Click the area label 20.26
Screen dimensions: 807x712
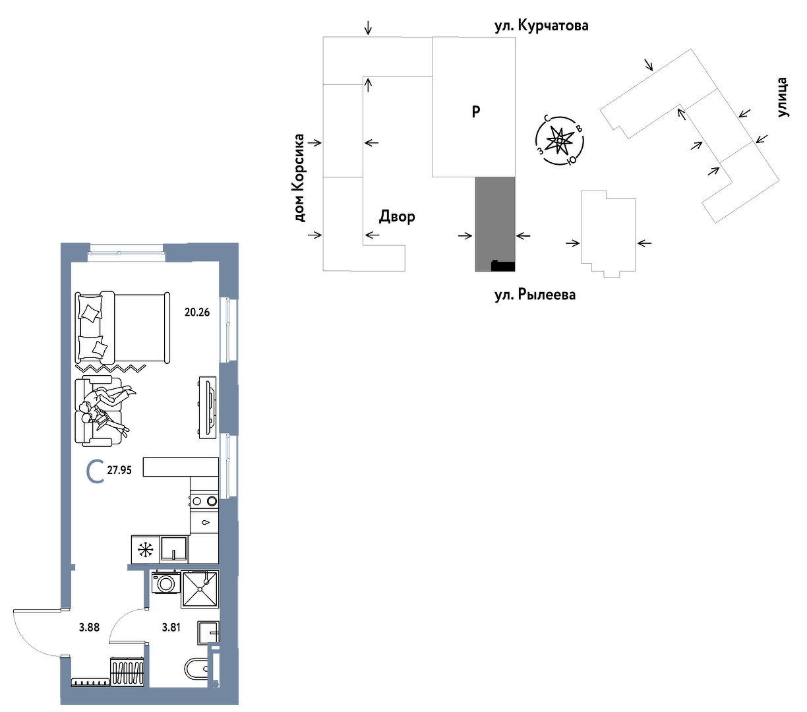tap(196, 312)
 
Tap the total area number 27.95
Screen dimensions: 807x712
tap(119, 470)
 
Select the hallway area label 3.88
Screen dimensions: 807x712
tap(89, 627)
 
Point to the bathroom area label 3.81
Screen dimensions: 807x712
tap(171, 627)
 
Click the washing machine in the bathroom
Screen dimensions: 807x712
tap(165, 583)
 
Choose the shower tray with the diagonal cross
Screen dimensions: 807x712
tap(200, 589)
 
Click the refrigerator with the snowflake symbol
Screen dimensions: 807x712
tap(146, 550)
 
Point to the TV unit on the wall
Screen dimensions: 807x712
tap(208, 407)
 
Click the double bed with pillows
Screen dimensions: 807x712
tap(122, 328)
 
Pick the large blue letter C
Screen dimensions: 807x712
tap(96, 471)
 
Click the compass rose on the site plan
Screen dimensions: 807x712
tap(559, 140)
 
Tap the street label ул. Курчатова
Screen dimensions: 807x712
tap(541, 26)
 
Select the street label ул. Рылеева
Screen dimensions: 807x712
tap(535, 295)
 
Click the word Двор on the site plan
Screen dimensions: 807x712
tap(397, 216)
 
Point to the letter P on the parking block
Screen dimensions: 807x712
tap(475, 112)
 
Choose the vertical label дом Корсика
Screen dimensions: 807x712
tap(299, 178)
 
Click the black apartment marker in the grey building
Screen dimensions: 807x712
tap(502, 266)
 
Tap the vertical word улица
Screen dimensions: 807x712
tap(783, 97)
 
